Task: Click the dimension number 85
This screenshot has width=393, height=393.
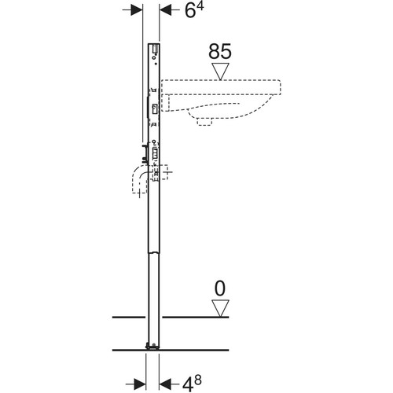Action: [x=220, y=52]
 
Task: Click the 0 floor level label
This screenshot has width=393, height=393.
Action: [x=220, y=288]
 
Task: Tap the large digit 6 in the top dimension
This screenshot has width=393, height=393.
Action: [x=190, y=11]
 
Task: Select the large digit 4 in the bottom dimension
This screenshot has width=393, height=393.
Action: [x=188, y=385]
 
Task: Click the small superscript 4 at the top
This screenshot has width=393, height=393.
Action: [x=200, y=6]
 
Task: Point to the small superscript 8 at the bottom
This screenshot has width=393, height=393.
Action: [x=198, y=380]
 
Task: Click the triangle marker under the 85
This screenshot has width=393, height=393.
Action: [x=221, y=71]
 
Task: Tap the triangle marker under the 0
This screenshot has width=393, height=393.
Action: [x=220, y=308]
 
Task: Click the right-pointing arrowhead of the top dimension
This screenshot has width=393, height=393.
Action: [x=136, y=11]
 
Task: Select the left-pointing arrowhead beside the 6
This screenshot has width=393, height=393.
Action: [x=166, y=11]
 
